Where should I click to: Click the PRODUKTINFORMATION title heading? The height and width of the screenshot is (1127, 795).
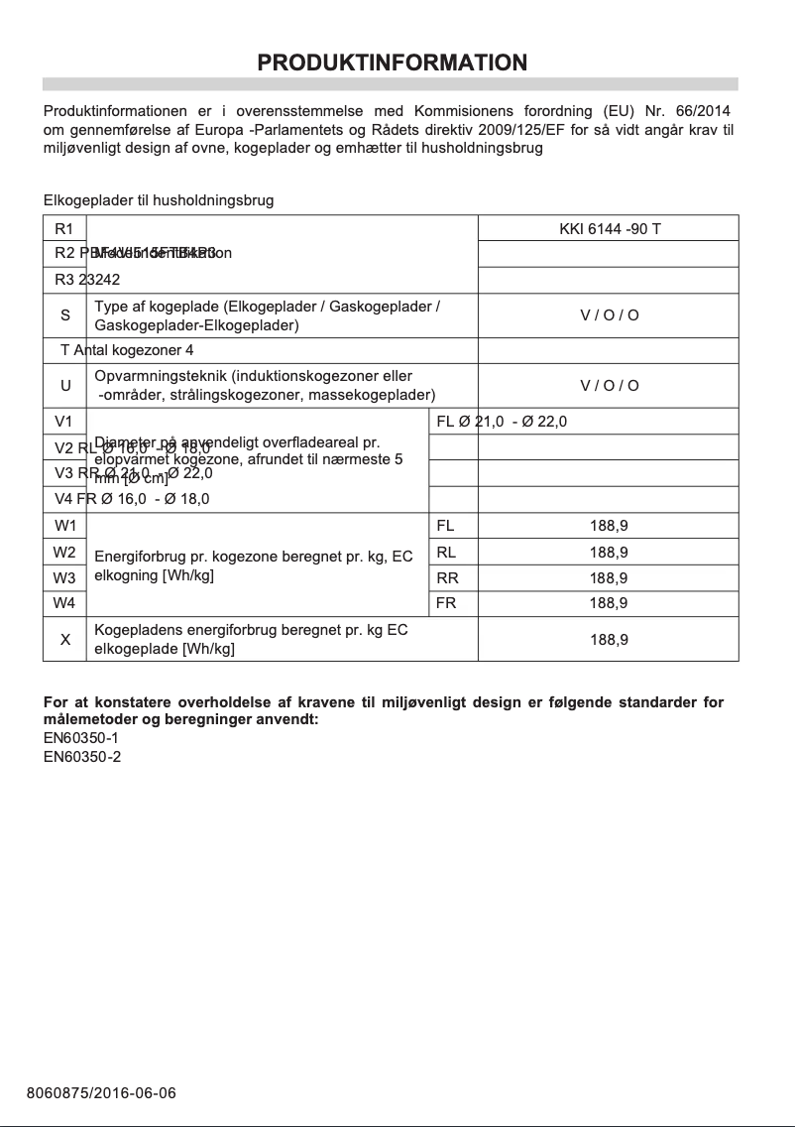(392, 63)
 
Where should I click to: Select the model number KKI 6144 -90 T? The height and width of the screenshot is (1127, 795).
(610, 229)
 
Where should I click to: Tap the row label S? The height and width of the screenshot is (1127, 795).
(65, 315)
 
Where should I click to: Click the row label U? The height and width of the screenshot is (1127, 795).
(65, 386)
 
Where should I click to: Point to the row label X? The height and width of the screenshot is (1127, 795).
(65, 639)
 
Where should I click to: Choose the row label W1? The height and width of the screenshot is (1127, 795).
(65, 526)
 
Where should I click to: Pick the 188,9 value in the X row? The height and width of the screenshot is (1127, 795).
(609, 640)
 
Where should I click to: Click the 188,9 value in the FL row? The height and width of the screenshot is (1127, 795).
(609, 526)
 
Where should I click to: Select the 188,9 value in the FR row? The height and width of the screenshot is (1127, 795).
(609, 603)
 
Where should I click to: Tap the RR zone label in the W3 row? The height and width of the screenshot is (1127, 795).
(447, 577)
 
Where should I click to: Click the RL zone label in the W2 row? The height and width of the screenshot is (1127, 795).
(446, 552)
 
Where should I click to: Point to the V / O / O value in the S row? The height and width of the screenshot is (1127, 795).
(609, 315)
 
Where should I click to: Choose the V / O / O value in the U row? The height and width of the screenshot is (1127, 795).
(609, 386)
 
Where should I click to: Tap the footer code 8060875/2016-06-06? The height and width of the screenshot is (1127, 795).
(101, 1093)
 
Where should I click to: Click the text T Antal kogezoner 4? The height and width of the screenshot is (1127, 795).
(127, 351)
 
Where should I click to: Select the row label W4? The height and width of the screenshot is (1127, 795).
(65, 603)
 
